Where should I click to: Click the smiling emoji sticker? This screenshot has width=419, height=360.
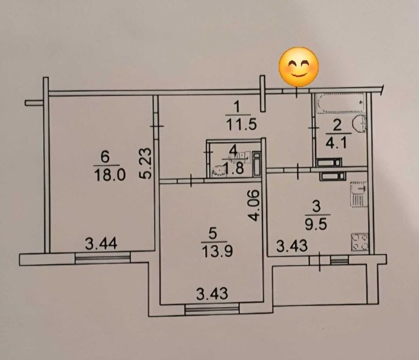298,67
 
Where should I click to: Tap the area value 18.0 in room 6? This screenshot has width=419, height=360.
110,176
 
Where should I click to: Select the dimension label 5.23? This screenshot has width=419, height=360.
146,163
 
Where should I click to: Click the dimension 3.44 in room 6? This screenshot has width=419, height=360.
101,244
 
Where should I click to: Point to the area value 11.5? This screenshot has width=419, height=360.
241,124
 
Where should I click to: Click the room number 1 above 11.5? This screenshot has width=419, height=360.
237,108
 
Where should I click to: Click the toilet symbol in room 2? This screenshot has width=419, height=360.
360,124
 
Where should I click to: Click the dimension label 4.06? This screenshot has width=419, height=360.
254,205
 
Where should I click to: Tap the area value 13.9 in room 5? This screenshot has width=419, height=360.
217,251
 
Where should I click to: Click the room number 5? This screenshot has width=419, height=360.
212,234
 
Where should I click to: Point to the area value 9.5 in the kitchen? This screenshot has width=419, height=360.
316,225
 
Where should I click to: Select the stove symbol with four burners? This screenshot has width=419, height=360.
359,242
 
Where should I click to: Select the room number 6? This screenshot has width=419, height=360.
105,157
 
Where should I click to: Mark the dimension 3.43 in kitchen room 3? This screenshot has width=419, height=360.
292,246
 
